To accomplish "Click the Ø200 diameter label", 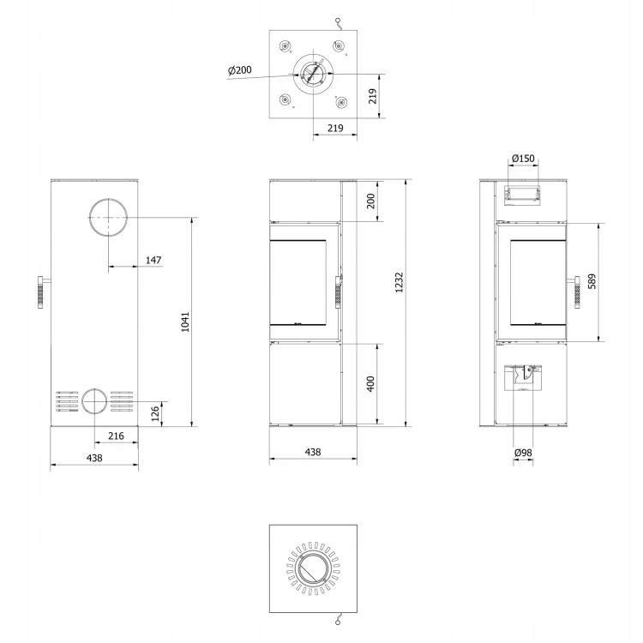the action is click(240, 70).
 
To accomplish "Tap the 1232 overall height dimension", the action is click(400, 282).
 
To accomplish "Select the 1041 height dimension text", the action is click(186, 321).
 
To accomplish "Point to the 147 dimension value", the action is click(153, 260).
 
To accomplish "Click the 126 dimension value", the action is click(155, 413).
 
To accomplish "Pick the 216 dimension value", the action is click(116, 436).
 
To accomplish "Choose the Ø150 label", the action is click(523, 159).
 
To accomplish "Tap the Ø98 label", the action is click(523, 453).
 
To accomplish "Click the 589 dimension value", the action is click(592, 281).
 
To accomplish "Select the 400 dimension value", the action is click(370, 384).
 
